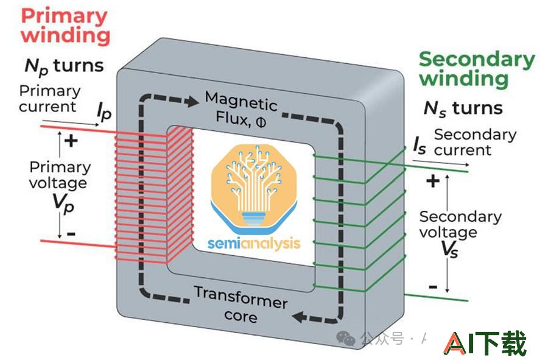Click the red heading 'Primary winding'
click(65, 26)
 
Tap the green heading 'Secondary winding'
click(477, 69)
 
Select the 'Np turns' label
click(65, 66)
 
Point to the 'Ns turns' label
click(463, 108)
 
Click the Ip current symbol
click(104, 112)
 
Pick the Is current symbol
click(420, 145)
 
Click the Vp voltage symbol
click(63, 203)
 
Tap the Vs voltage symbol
click(449, 250)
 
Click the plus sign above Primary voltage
click(71, 141)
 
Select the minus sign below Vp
click(71, 233)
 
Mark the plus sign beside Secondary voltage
click(433, 181)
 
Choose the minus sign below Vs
click(433, 288)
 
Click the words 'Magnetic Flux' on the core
click(241, 109)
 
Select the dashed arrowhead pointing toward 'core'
click(299, 317)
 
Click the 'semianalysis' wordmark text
click(254, 244)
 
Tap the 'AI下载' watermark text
click(485, 342)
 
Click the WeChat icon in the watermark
click(346, 338)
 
